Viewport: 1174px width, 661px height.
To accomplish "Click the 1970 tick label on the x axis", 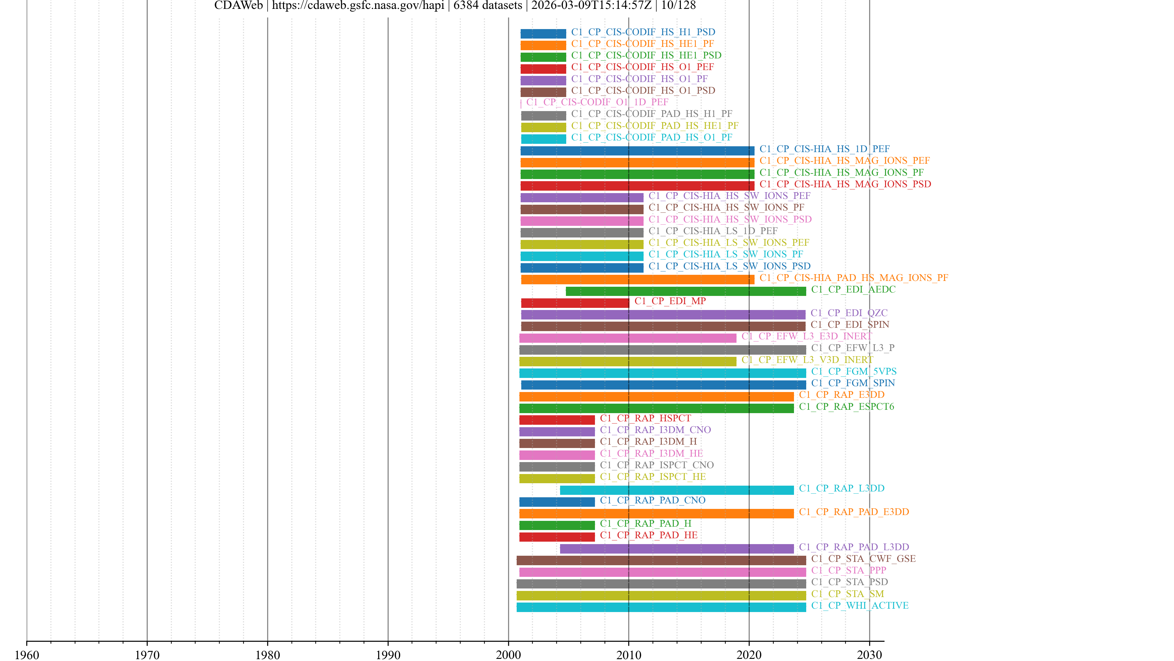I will coord(147,655).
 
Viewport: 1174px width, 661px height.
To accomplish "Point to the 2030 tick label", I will coord(869,655).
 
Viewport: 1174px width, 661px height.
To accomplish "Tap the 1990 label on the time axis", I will coord(388,655).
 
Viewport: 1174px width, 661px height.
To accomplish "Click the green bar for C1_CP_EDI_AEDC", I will coord(685,291).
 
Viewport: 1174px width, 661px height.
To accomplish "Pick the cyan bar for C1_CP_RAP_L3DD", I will coord(677,490).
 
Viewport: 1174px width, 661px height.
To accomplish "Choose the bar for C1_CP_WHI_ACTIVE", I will coord(661,607).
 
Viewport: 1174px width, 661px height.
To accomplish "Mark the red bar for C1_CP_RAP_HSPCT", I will coord(557,420).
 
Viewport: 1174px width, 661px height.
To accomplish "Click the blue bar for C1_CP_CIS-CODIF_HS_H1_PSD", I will coord(543,34).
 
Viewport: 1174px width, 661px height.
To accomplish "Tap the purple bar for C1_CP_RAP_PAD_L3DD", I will coord(677,549).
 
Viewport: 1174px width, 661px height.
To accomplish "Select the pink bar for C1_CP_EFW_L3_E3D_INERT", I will coord(628,338).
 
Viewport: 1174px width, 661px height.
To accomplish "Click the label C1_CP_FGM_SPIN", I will coord(853,383).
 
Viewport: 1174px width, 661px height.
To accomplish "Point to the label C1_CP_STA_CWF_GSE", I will coord(863,559).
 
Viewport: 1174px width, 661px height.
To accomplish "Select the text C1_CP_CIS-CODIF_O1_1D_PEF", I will coord(597,102).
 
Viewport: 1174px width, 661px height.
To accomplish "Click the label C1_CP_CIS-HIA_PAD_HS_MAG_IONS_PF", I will coord(854,278).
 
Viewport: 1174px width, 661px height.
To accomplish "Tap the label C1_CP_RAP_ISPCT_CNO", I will coord(657,465).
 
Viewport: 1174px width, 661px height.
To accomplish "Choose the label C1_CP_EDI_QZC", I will coord(849,313).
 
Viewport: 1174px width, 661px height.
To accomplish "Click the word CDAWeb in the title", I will coord(238,6).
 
